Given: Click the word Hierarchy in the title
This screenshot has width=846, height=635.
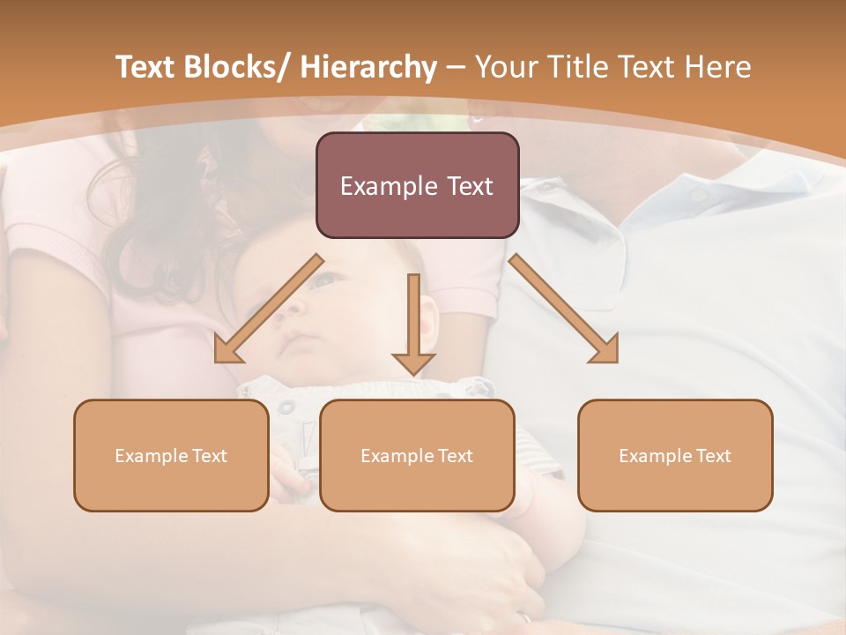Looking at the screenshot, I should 368,67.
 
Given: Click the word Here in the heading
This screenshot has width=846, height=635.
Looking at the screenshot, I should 720,67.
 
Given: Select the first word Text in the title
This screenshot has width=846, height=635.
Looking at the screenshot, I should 148,67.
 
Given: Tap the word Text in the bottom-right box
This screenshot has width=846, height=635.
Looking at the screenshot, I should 712,456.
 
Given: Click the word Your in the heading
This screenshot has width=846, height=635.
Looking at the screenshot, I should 506,67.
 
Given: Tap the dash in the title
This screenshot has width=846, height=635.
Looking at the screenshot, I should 456,68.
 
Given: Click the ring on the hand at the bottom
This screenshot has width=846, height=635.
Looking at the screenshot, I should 526,618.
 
